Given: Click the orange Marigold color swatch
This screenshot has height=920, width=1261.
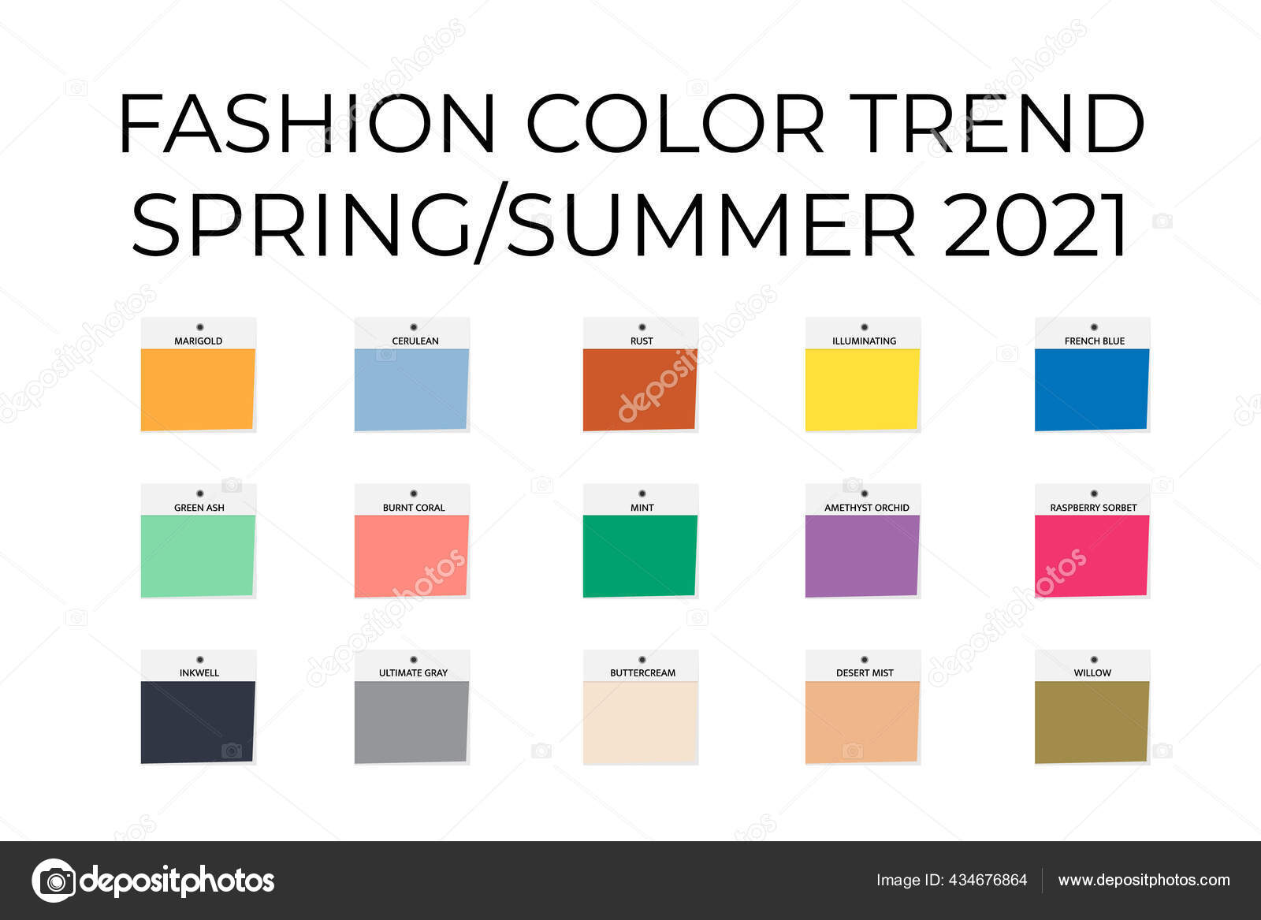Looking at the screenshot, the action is pyautogui.click(x=198, y=389).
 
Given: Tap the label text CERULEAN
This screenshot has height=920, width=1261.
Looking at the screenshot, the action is pyautogui.click(x=415, y=341).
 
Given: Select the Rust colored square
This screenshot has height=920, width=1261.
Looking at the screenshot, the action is pyautogui.click(x=640, y=389).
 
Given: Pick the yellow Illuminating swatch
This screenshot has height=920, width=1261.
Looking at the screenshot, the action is pyautogui.click(x=862, y=389).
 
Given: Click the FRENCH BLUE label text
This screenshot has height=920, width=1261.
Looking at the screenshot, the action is pyautogui.click(x=1095, y=341).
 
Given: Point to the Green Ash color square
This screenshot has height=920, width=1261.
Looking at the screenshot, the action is pyautogui.click(x=198, y=556).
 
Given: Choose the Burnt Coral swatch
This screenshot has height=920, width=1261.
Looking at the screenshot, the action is pyautogui.click(x=411, y=556).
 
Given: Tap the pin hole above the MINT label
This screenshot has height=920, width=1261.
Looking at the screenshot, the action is pyautogui.click(x=642, y=494).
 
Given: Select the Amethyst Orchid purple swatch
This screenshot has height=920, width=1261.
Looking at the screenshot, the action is pyautogui.click(x=862, y=556).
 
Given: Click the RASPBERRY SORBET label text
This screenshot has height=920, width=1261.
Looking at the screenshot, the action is pyautogui.click(x=1093, y=508).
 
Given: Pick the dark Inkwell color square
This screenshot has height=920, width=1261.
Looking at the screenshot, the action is pyautogui.click(x=198, y=722).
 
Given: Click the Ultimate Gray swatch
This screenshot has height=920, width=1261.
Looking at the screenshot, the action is pyautogui.click(x=411, y=722).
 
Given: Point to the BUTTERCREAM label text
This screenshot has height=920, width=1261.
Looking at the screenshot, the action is pyautogui.click(x=642, y=672).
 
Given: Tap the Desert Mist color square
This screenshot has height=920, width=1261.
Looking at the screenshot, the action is pyautogui.click(x=862, y=722).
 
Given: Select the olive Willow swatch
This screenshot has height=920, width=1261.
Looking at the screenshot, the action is pyautogui.click(x=1092, y=722).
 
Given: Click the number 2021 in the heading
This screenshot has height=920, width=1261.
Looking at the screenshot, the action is pyautogui.click(x=1035, y=224).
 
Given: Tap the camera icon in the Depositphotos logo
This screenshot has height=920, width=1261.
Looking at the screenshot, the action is pyautogui.click(x=54, y=881).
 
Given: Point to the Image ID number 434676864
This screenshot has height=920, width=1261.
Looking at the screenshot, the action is pyautogui.click(x=988, y=881).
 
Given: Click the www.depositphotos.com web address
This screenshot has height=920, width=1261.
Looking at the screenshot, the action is pyautogui.click(x=1144, y=881).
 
